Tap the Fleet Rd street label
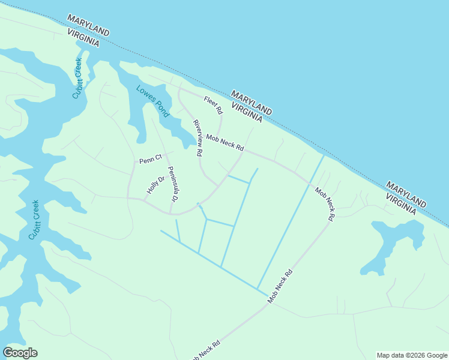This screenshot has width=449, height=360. [x=213, y=105]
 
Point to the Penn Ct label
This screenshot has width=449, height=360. [x=151, y=160]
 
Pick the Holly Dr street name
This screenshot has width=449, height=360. [x=155, y=185]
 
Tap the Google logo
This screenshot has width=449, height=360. [x=20, y=353]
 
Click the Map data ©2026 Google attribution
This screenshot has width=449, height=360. [x=411, y=355]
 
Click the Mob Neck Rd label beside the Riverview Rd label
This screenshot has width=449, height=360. [x=225, y=143]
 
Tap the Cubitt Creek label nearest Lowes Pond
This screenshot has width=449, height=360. [x=78, y=78]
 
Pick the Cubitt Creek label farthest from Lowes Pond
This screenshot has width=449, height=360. [x=34, y=220]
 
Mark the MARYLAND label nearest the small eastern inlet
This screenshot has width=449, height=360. [x=406, y=193]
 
